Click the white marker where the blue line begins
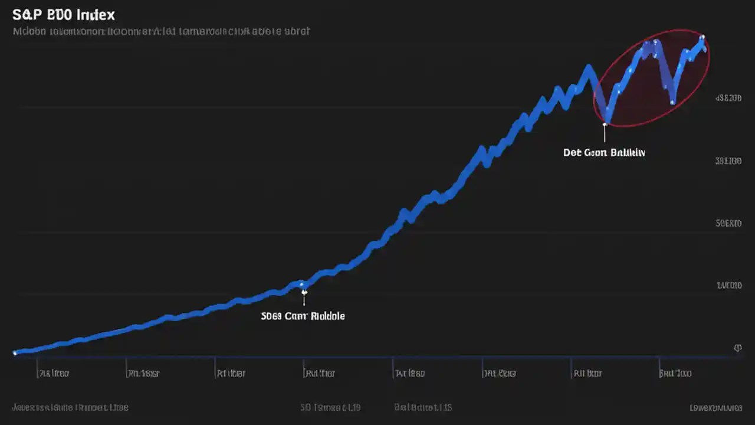(15, 353)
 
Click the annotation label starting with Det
(604, 152)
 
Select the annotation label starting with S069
(303, 316)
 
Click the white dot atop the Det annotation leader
(605, 123)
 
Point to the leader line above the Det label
(605, 135)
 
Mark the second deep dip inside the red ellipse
(672, 102)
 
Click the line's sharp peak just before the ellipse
(588, 67)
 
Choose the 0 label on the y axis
(737, 348)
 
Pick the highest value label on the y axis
(728, 99)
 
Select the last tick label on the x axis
(675, 373)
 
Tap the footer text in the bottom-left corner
(70, 407)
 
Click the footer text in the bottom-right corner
(716, 407)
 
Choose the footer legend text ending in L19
(330, 407)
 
